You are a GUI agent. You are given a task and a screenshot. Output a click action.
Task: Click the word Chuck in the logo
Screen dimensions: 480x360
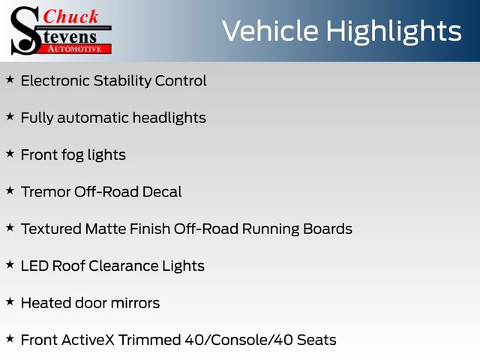(70, 16)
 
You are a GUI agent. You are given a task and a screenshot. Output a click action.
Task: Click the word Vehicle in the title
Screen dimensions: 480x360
(270, 31)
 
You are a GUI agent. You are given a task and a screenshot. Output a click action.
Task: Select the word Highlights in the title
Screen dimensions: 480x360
(393, 31)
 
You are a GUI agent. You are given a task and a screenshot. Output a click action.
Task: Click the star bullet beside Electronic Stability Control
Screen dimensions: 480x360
(10, 79)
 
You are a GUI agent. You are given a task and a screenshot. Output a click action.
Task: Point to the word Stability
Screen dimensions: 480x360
(122, 81)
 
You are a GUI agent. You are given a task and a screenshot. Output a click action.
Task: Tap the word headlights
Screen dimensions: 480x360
(169, 118)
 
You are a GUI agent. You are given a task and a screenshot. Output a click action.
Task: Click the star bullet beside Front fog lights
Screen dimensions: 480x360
(10, 154)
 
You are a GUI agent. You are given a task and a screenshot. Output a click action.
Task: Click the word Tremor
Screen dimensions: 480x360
(46, 192)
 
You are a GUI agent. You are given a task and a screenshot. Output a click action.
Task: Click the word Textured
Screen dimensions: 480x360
(51, 229)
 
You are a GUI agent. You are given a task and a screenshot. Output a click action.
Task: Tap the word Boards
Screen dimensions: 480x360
(328, 229)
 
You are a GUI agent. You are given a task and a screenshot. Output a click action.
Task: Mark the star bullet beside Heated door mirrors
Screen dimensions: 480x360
(10, 301)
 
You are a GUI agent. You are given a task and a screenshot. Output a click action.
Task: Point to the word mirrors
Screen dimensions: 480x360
(135, 303)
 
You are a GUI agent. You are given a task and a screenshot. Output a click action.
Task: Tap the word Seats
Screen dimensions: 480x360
(316, 340)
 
